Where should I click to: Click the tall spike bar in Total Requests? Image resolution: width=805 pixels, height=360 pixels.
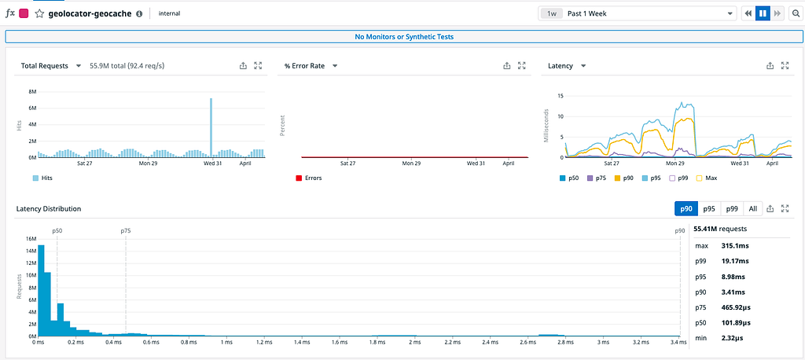(211, 128)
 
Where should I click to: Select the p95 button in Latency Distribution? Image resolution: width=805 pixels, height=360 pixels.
(709, 208)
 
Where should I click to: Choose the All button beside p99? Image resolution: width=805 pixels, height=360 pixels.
(752, 208)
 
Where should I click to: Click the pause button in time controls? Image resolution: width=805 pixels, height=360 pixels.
(763, 14)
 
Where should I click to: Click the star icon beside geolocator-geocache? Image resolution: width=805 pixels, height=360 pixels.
(39, 14)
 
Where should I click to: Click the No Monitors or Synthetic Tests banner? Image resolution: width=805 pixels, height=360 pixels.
(404, 37)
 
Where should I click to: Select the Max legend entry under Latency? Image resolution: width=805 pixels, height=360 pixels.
(706, 178)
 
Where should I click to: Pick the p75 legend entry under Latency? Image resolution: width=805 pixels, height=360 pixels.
(596, 178)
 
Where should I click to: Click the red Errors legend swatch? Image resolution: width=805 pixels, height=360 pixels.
(299, 178)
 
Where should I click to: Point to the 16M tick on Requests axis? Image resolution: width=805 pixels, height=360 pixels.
(31, 239)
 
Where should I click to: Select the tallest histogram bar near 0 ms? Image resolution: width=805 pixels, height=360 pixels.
(41, 290)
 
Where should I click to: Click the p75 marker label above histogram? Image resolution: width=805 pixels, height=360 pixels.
(125, 231)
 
